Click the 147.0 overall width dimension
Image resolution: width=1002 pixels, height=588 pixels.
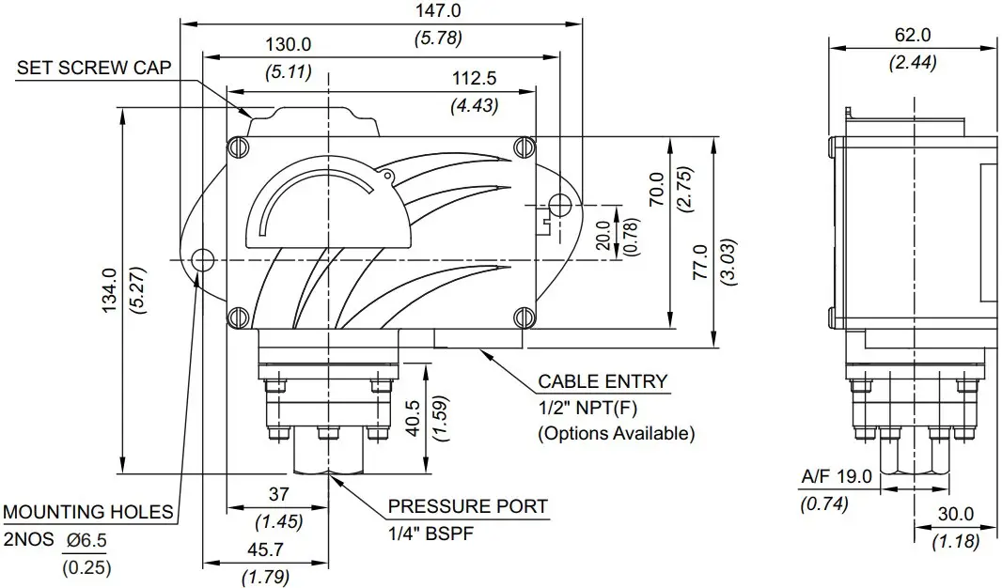[x=438, y=11]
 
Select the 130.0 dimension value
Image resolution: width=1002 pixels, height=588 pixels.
[x=288, y=45]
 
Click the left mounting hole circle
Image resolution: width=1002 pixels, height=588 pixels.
[x=200, y=259]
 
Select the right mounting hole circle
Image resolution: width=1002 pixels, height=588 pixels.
[x=559, y=204]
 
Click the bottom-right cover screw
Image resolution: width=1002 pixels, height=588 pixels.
[x=524, y=315]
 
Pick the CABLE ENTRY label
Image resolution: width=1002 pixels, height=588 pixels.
[x=603, y=381]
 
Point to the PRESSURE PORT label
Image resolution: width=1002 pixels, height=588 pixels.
[x=467, y=506]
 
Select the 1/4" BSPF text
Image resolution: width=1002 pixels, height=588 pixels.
[x=430, y=533]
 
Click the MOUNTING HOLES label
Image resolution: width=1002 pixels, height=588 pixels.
[x=88, y=512]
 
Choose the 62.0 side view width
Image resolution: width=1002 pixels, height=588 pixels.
[x=912, y=36]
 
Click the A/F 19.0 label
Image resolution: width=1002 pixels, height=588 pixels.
[x=836, y=477]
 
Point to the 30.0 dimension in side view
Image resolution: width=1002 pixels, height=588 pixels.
[x=955, y=514]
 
